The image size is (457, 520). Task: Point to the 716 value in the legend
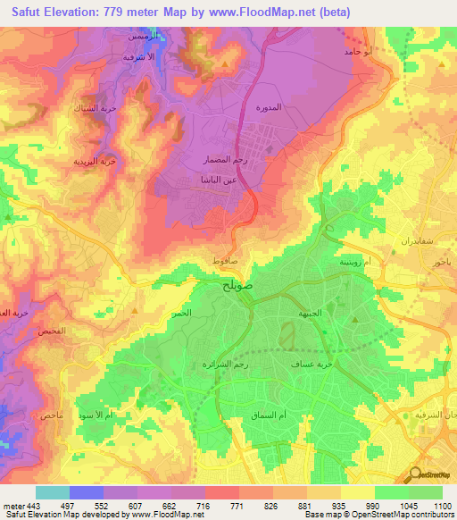(x=205, y=505)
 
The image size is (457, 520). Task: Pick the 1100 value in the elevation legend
(x=443, y=505)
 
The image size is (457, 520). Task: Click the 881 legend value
(x=306, y=505)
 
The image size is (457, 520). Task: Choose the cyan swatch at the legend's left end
(x=53, y=492)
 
